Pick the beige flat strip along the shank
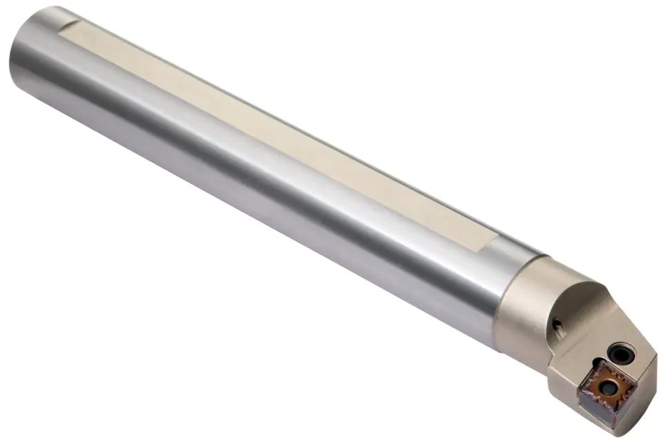[x=276, y=131]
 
